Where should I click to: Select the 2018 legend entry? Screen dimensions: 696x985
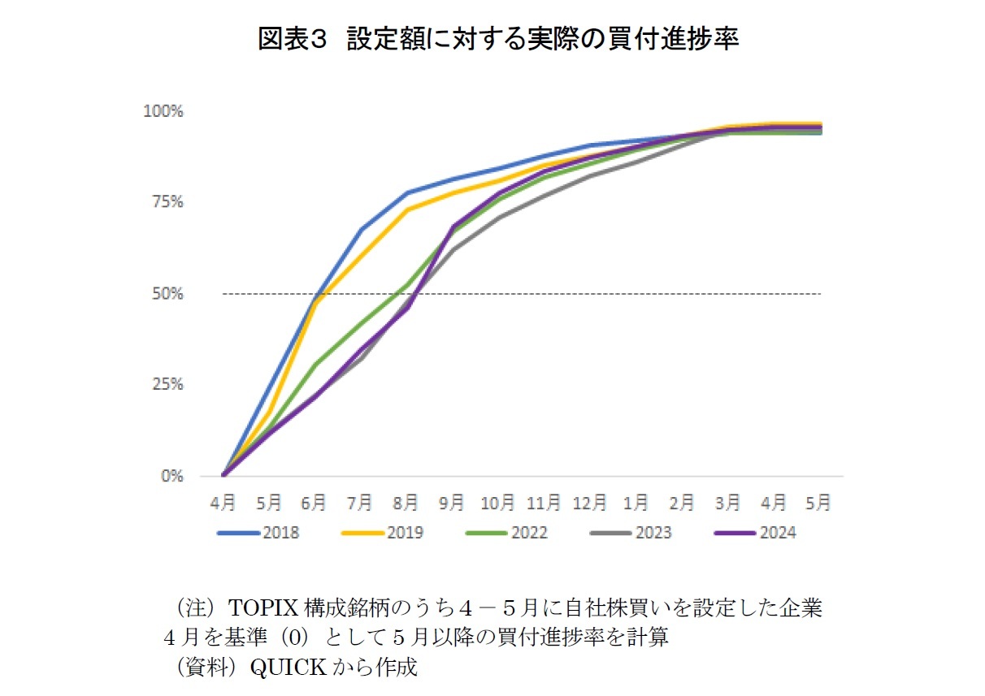(280, 534)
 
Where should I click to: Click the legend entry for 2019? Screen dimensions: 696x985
(404, 534)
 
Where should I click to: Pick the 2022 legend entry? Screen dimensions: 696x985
(528, 534)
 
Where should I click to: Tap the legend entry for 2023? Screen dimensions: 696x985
(653, 534)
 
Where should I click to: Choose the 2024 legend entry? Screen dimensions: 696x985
(777, 534)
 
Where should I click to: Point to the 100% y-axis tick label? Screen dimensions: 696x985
(163, 111)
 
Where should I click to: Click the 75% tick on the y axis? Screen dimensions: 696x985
(167, 202)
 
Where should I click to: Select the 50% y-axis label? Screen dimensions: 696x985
(167, 294)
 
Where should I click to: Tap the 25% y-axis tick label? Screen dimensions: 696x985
(167, 385)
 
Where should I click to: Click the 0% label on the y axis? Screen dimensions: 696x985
(171, 477)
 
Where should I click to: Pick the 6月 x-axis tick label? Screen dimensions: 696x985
(315, 504)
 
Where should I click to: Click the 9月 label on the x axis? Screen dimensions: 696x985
(452, 504)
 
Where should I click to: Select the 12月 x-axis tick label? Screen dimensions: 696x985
(589, 504)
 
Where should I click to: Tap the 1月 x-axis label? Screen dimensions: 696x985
(636, 504)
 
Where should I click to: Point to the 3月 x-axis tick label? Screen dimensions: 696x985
(727, 504)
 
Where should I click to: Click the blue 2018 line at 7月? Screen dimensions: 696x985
(361, 230)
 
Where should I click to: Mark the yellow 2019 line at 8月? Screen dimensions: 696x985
(406, 210)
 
